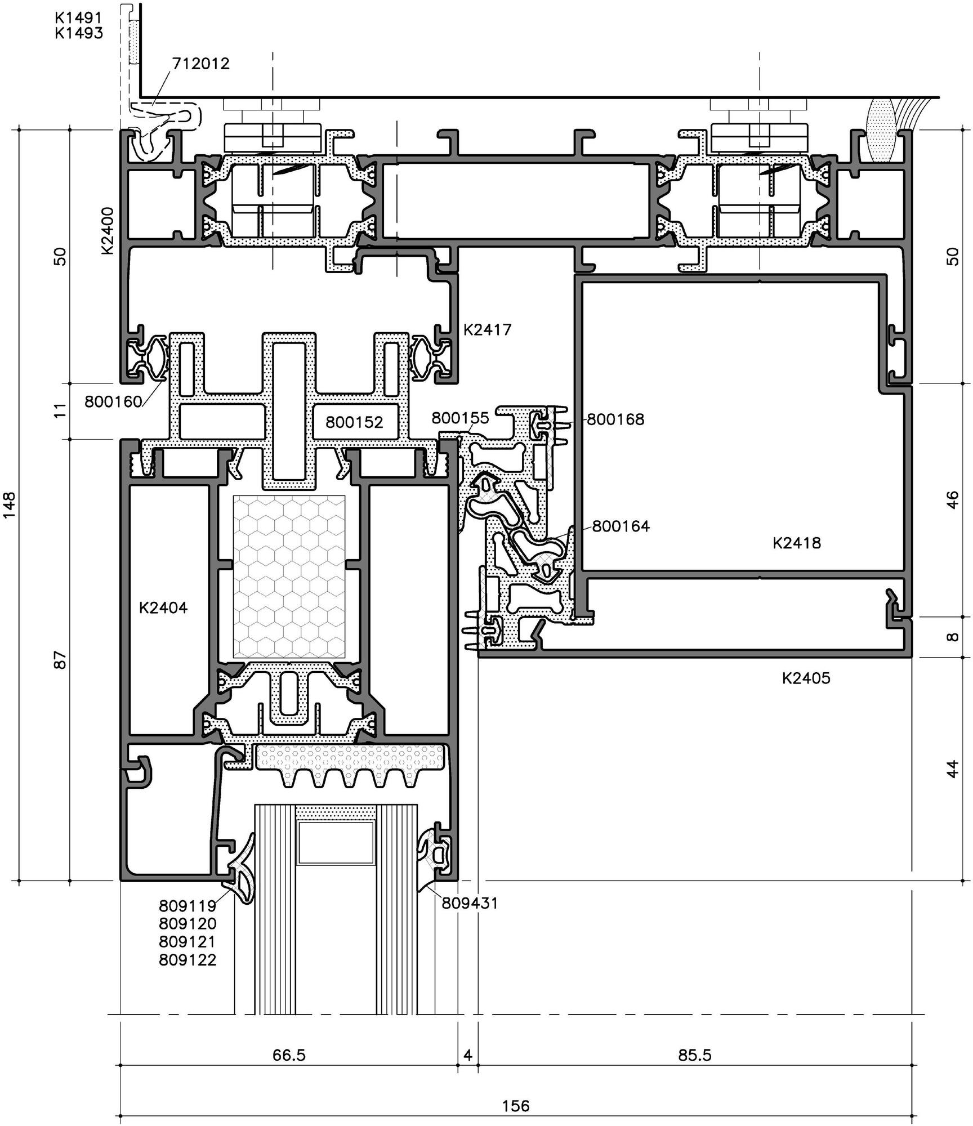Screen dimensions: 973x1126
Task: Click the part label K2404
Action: (163, 608)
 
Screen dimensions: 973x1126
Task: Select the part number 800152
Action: (354, 422)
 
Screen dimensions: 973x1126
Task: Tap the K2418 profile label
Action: (797, 543)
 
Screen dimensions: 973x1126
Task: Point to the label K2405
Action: (806, 678)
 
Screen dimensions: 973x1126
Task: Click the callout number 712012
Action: (201, 64)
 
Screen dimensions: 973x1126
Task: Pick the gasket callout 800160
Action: (113, 402)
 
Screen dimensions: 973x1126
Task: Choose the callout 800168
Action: (615, 419)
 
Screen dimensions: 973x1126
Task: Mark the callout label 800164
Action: (621, 526)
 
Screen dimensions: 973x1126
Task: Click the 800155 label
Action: (461, 418)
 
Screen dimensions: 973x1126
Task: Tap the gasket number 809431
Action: (470, 904)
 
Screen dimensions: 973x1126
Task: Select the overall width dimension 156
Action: (516, 1106)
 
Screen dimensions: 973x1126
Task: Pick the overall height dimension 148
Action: (11, 506)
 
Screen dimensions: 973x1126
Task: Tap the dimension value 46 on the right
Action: (952, 500)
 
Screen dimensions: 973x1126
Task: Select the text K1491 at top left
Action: (79, 18)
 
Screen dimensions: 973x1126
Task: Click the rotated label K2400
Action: (108, 231)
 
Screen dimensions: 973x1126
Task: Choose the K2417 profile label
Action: (488, 330)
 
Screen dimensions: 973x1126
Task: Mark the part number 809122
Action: (188, 960)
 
